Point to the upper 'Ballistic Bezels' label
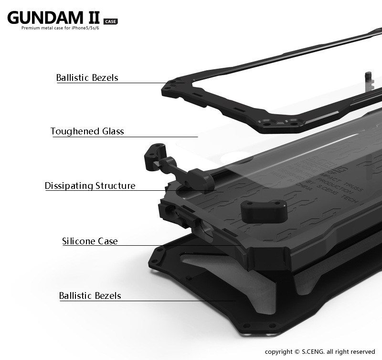point(87,77)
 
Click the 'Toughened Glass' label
point(87,131)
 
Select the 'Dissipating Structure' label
point(90,185)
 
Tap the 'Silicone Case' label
point(90,241)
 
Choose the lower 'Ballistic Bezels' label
point(90,295)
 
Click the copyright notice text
point(320,351)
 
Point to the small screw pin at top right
point(368,77)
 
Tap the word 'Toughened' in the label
point(72,131)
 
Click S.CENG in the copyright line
point(312,351)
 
